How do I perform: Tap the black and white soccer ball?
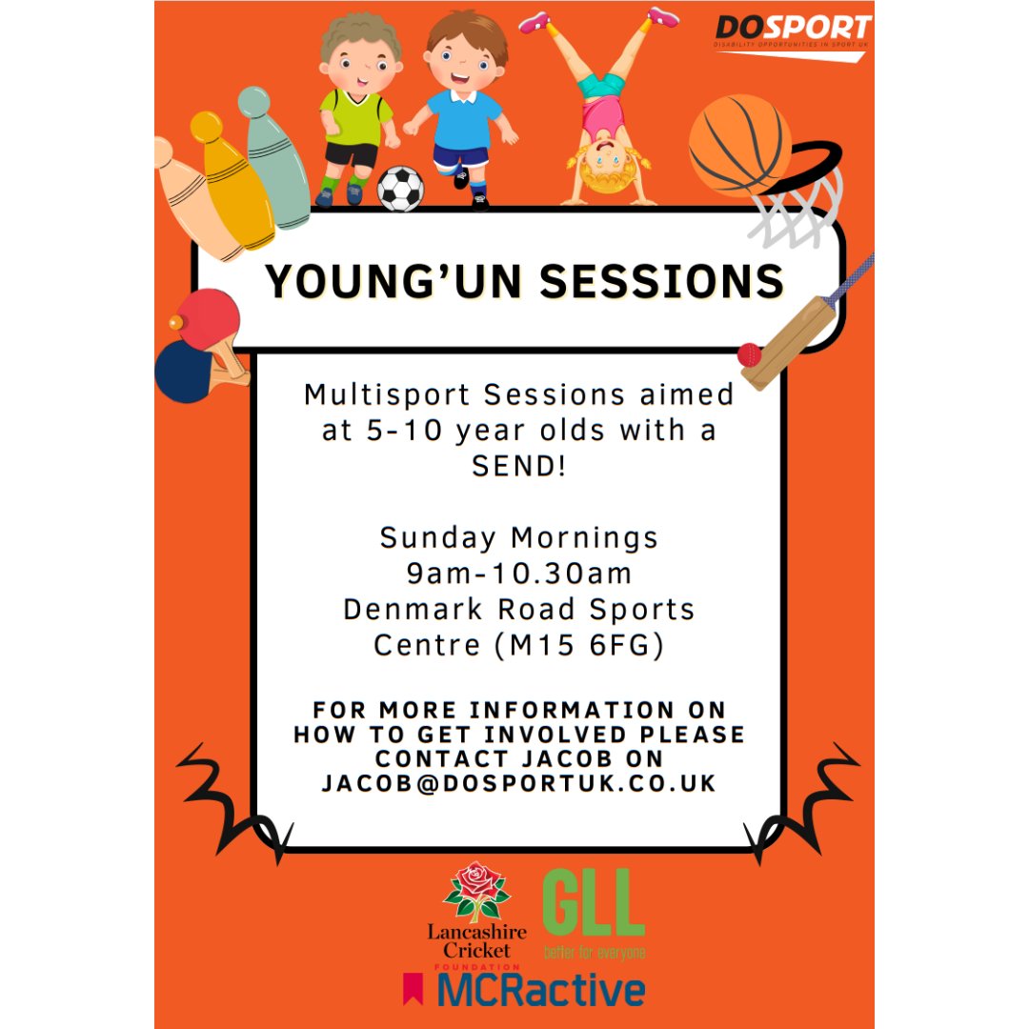tap(400, 189)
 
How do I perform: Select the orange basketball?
tap(739, 143)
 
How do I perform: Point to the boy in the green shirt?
tap(353, 110)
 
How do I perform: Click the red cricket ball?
tap(751, 354)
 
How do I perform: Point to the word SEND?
tap(519, 466)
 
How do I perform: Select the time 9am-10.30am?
tap(519, 574)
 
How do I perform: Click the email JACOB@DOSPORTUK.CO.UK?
tap(519, 782)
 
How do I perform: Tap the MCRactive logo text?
tap(540, 991)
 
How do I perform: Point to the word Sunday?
tap(437, 538)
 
